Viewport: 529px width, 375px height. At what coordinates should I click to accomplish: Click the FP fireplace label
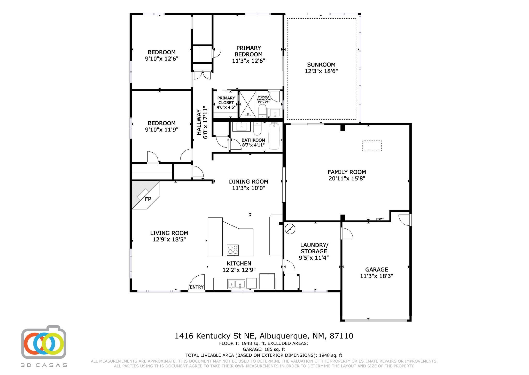coord(148,199)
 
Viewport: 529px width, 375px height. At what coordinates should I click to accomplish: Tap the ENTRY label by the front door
coord(197,287)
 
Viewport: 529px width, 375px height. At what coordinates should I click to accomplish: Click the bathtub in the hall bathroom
coord(274,136)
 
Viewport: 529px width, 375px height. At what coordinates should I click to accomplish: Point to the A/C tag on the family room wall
coord(380,219)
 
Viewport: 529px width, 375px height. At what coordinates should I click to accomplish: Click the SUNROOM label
coord(321,64)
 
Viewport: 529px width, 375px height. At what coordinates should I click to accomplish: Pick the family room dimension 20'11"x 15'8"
coord(347,178)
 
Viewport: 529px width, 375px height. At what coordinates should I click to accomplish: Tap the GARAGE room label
coord(377,269)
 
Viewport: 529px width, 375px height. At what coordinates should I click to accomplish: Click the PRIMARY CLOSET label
coord(226,100)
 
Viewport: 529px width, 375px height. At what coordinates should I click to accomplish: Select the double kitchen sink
coord(236,284)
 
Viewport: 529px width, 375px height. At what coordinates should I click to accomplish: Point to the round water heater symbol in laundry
coord(290,229)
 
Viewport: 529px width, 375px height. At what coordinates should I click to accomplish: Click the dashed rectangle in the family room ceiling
coord(372,146)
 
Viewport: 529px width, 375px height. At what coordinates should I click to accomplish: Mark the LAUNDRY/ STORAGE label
coord(314,248)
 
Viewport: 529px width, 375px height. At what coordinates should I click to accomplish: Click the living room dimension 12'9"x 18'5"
coord(169,239)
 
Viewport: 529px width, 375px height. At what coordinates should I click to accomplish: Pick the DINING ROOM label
coord(248,182)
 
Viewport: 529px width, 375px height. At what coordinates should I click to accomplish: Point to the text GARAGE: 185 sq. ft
coord(264,349)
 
